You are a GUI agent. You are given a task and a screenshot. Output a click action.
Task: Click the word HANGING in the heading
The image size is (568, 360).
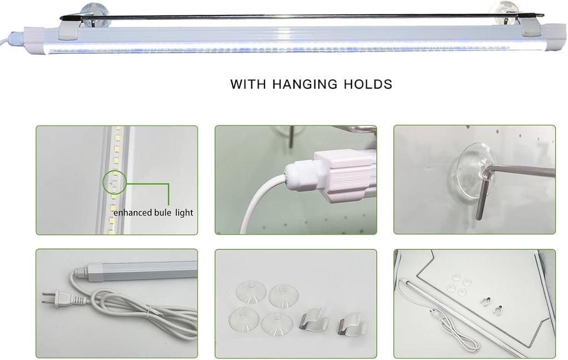pyautogui.click(x=305, y=84)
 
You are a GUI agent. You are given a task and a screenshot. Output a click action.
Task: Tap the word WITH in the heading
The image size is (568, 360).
pyautogui.click(x=248, y=84)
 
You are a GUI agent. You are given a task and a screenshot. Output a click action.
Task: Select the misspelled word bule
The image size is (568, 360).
pyautogui.click(x=163, y=212)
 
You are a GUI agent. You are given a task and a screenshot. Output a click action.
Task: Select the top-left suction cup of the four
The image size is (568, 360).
pyautogui.click(x=251, y=292)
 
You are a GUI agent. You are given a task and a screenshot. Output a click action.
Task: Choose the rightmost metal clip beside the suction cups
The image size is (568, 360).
pyautogui.click(x=352, y=326)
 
